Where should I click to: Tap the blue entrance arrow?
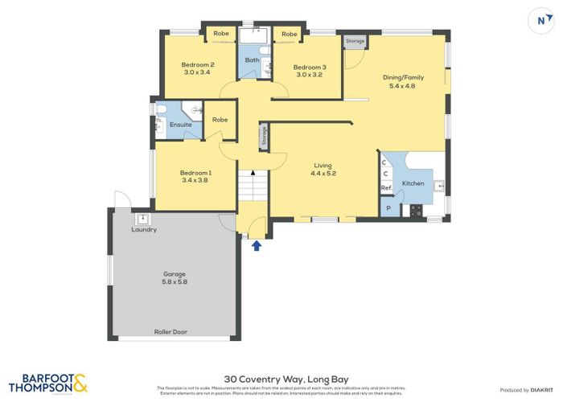(257, 245)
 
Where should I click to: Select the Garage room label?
(175, 277)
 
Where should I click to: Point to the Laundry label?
(144, 230)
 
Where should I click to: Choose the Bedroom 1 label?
(196, 176)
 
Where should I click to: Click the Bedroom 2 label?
(197, 68)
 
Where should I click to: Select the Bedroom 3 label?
(309, 71)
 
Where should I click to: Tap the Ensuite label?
(180, 125)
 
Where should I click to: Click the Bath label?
(251, 59)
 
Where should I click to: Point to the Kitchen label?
(413, 183)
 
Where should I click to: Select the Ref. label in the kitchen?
(386, 188)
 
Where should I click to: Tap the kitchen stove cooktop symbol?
(416, 211)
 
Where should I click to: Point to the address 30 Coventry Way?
(281, 375)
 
